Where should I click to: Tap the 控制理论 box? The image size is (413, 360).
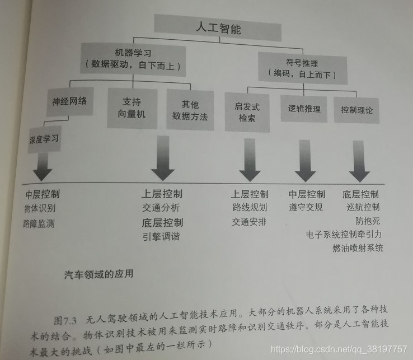356,110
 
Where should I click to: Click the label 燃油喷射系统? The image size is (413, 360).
358,247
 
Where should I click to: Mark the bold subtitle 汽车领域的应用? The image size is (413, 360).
98,275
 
